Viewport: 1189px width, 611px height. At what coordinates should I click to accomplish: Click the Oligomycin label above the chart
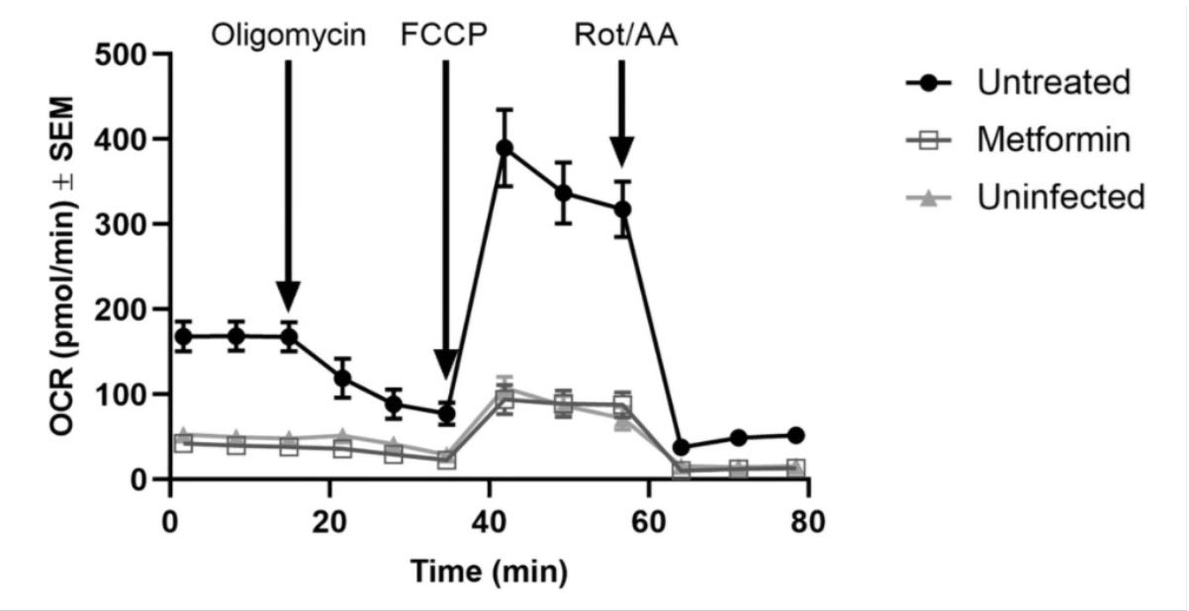tap(288, 37)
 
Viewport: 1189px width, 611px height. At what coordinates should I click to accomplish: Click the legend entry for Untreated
tap(1052, 82)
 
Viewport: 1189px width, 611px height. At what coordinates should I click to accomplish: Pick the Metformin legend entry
tap(1052, 140)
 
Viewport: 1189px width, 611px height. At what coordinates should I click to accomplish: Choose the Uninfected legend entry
tap(1060, 197)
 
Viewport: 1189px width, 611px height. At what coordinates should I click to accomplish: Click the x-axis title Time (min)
tap(490, 570)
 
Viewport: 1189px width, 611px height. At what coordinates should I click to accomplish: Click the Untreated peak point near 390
tap(504, 148)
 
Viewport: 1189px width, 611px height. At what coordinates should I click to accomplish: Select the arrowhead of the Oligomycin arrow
tap(288, 295)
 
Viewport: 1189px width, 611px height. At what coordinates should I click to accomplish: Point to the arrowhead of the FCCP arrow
tap(446, 364)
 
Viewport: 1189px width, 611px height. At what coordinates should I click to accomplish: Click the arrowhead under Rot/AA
tap(621, 152)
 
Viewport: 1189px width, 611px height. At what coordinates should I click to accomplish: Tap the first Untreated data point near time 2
tap(183, 336)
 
